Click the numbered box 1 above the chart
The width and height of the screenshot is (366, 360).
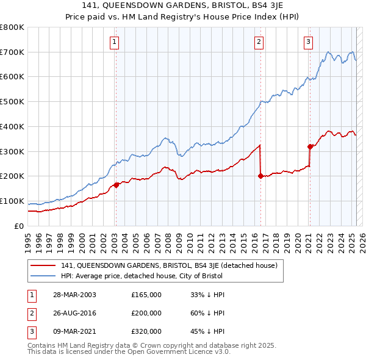(x=115, y=42)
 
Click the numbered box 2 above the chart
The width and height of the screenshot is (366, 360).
(x=259, y=42)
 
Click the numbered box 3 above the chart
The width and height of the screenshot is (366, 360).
(x=308, y=42)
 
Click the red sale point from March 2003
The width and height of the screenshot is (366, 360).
(x=116, y=185)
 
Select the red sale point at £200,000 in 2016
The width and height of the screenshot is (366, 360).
(x=260, y=176)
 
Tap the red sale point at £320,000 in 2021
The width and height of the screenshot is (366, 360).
(x=310, y=146)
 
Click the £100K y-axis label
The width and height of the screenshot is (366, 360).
(x=13, y=201)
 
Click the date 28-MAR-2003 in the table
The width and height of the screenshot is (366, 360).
(x=75, y=295)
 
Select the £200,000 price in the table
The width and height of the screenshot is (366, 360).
(x=146, y=313)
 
